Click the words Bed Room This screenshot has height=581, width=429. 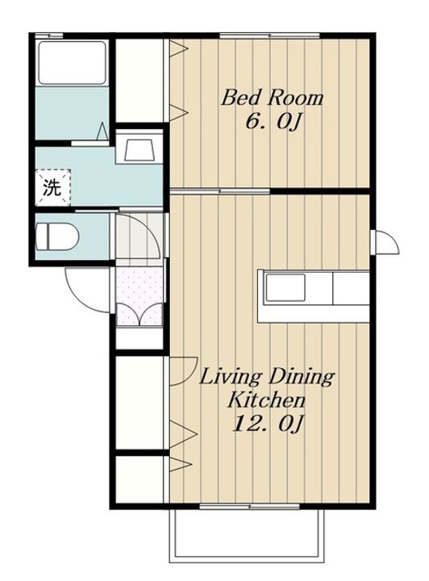point(272,98)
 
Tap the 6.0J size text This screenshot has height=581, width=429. point(272,122)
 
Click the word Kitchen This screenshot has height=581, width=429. point(266,400)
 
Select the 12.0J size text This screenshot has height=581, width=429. point(267,424)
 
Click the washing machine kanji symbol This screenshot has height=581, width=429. point(52,187)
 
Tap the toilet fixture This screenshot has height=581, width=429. point(57,236)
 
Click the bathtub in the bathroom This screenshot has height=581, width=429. point(73,62)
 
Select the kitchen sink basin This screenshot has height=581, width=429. point(285,287)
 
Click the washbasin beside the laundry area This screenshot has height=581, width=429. point(139,150)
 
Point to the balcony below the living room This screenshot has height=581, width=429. point(247,534)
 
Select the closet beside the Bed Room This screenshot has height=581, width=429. point(140,81)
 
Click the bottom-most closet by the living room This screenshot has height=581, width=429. point(140,479)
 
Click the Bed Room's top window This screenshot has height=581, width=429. point(269,36)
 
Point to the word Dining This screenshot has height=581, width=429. point(301,378)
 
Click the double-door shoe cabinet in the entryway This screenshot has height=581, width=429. point(140,314)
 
